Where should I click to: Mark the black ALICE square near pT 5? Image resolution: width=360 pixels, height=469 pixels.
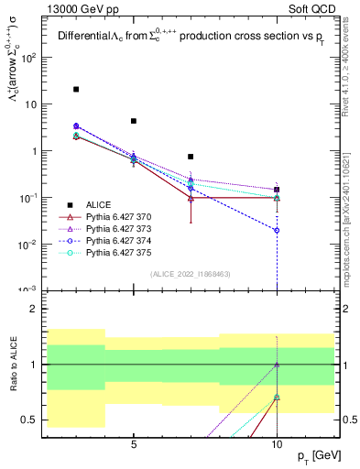pyautogui.click(x=134, y=121)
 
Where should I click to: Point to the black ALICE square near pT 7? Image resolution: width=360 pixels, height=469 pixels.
pyautogui.click(x=191, y=157)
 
